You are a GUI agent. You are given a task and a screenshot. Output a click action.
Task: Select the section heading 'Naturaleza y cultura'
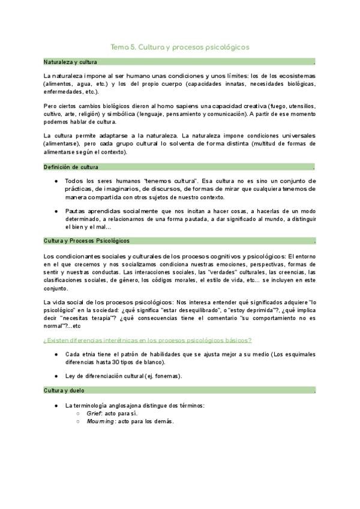tap(70, 62)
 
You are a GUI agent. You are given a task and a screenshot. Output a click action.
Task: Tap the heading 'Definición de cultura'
tap(71, 167)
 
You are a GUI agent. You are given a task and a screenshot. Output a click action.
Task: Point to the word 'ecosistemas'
tap(293, 76)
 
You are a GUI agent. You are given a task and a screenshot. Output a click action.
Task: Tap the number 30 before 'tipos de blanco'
tap(118, 362)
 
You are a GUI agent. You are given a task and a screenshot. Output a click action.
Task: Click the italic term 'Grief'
tap(94, 414)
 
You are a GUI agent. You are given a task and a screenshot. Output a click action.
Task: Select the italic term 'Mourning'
tap(99, 421)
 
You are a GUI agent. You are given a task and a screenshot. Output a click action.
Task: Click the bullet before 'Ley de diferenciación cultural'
tap(56, 376)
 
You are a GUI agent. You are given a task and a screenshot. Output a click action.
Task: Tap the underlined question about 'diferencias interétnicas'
tap(148, 340)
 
